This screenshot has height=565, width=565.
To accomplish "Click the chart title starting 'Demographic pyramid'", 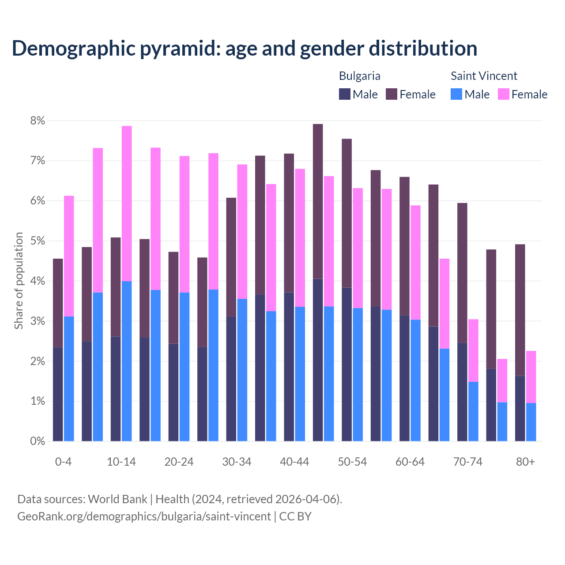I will (x=244, y=49).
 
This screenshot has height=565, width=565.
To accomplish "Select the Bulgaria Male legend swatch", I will (x=344, y=94).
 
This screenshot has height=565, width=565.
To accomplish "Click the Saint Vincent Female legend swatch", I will (x=503, y=94).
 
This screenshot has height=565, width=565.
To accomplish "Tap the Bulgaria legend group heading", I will (x=359, y=76).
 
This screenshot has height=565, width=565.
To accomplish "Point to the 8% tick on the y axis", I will (x=38, y=121).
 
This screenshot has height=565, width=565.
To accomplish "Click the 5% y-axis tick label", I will (x=38, y=241).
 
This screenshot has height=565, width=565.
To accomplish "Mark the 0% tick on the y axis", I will (x=38, y=441).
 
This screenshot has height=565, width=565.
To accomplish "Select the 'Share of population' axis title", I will (x=19, y=281).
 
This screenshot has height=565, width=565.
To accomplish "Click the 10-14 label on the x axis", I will (x=121, y=462).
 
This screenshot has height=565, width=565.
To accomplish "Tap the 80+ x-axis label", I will (x=525, y=462).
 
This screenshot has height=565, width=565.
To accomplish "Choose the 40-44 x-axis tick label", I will (x=294, y=462).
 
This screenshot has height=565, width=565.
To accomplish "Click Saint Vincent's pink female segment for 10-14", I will (x=127, y=203).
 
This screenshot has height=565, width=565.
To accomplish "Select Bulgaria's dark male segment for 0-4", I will (x=58, y=394).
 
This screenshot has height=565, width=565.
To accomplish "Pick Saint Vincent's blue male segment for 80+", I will (x=531, y=422).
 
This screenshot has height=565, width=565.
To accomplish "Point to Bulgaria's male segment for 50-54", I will (x=347, y=364).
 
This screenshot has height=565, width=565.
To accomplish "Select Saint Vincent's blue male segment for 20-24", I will (x=185, y=366).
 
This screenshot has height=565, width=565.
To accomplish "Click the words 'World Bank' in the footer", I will (x=117, y=499).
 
